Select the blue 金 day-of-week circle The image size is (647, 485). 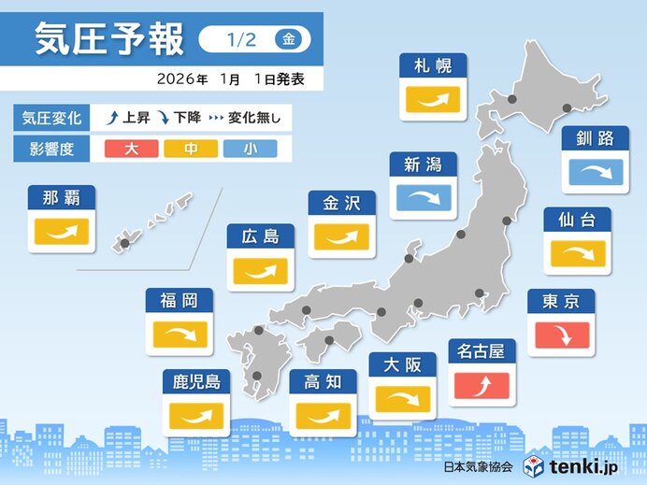290,39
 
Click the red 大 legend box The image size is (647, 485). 130,148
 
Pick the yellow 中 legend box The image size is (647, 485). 191,148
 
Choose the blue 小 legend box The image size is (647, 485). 250,148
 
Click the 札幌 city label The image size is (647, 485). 433,65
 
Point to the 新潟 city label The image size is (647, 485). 424,165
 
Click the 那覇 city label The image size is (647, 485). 62,197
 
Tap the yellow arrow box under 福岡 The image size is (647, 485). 179,335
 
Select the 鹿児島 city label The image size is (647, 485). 195,381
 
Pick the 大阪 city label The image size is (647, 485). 403,365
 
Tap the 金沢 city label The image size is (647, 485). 341,204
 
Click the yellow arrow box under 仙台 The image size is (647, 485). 577,253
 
